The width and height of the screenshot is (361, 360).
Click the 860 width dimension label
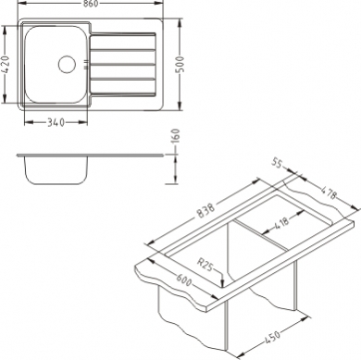90,4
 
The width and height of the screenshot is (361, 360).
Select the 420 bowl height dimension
6,66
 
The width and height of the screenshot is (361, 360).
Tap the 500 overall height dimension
180,65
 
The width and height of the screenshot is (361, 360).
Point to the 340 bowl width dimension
56,122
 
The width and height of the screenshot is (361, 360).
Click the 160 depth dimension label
175,137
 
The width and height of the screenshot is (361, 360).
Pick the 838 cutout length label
205,211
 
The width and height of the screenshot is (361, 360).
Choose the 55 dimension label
278,163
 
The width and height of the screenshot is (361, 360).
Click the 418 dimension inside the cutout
280,223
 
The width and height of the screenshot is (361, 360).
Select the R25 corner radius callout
205,265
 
